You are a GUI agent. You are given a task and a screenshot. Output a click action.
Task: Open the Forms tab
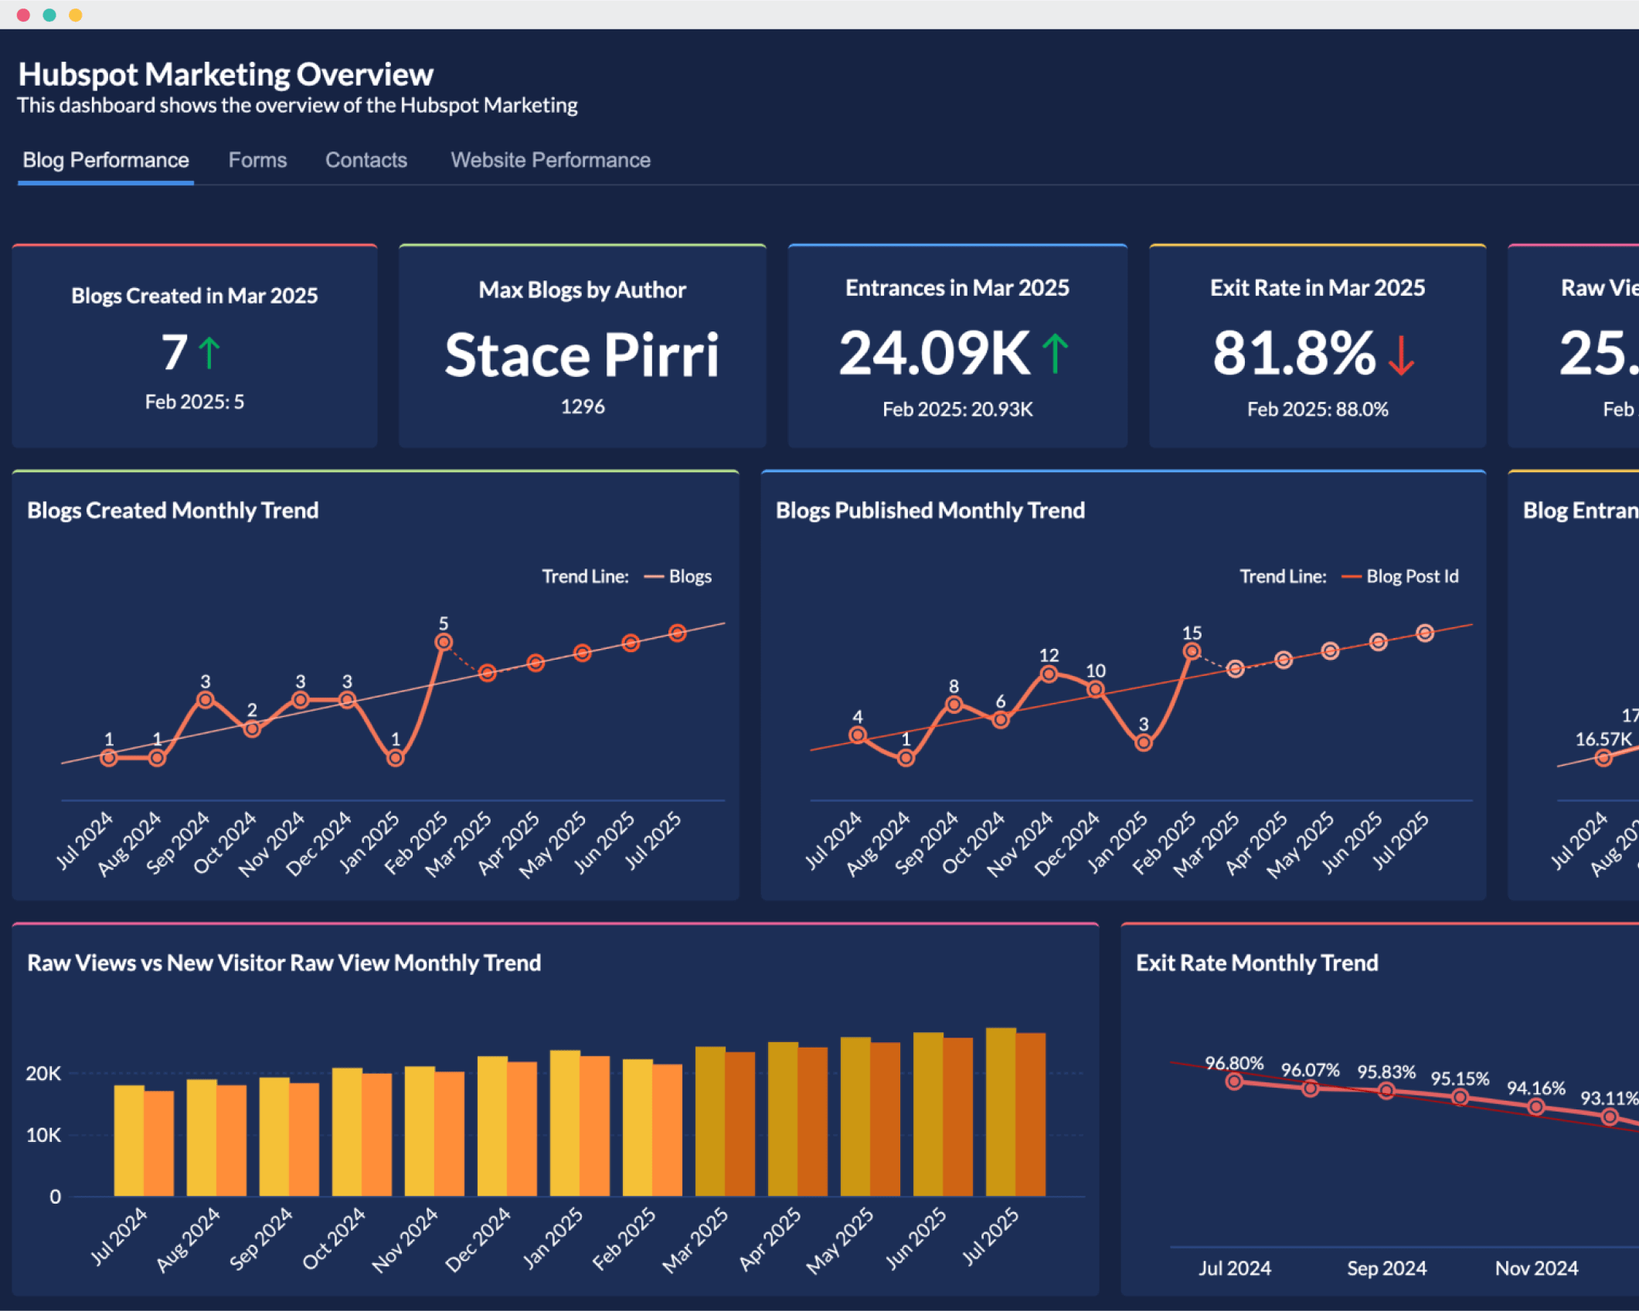click(x=257, y=160)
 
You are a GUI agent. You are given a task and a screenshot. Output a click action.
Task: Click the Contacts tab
click(x=366, y=160)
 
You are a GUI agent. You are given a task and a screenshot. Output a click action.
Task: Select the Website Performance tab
click(x=550, y=160)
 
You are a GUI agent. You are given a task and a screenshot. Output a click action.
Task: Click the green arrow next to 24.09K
click(x=1055, y=353)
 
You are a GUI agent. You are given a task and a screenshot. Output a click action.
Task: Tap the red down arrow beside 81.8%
click(x=1400, y=355)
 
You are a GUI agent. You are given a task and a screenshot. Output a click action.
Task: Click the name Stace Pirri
click(x=582, y=355)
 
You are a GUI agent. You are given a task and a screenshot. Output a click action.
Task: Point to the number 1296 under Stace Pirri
click(x=582, y=406)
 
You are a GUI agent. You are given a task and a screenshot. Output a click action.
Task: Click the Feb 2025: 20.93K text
click(x=957, y=409)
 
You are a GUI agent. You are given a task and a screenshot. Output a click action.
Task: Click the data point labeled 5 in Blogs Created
click(x=444, y=642)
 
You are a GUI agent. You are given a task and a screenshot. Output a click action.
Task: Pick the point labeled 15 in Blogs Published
click(x=1192, y=651)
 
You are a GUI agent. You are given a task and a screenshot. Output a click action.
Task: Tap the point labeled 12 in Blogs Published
click(x=1049, y=674)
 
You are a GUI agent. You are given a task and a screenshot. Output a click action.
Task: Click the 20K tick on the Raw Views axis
click(x=43, y=1073)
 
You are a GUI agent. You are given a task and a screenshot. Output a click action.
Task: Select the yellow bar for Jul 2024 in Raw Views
click(x=129, y=1140)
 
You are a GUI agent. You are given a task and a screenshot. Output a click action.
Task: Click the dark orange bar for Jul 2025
click(x=1031, y=1114)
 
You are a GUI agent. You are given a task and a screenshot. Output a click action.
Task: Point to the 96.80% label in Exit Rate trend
click(x=1234, y=1063)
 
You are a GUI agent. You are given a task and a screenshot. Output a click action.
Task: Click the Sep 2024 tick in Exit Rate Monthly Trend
click(x=1386, y=1268)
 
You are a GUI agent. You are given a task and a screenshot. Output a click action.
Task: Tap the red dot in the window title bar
click(x=23, y=15)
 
